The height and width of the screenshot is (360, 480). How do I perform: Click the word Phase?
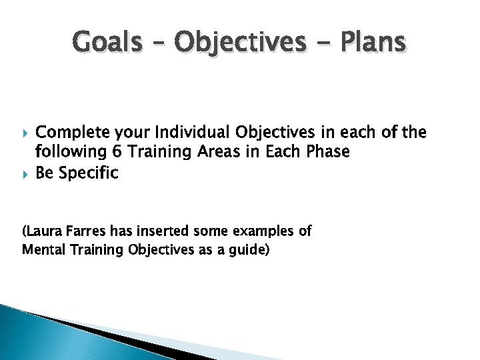[326, 152]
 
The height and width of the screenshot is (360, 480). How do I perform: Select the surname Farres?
[83, 232]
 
